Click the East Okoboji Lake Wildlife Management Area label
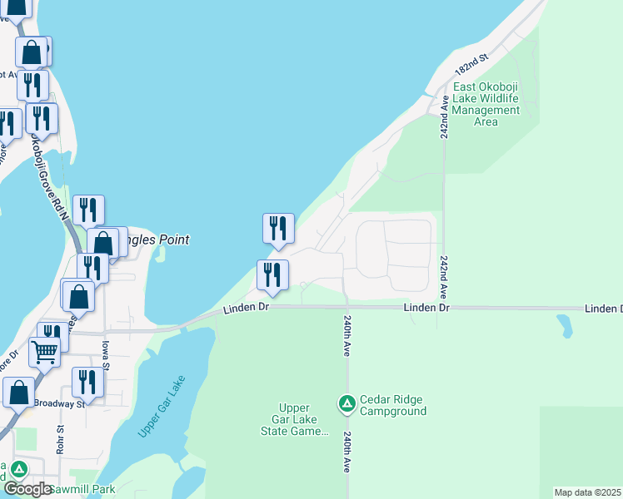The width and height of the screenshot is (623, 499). (486, 104)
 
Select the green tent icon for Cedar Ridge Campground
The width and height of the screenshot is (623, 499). (346, 404)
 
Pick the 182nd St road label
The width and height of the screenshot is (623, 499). (470, 63)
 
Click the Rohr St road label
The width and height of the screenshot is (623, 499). (61, 440)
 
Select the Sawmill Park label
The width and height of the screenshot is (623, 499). (81, 490)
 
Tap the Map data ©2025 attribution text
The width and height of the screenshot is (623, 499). (588, 492)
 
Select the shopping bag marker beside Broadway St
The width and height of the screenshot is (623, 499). (18, 392)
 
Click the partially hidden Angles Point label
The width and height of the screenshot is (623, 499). (158, 240)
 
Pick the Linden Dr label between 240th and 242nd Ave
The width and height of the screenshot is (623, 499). (426, 308)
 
